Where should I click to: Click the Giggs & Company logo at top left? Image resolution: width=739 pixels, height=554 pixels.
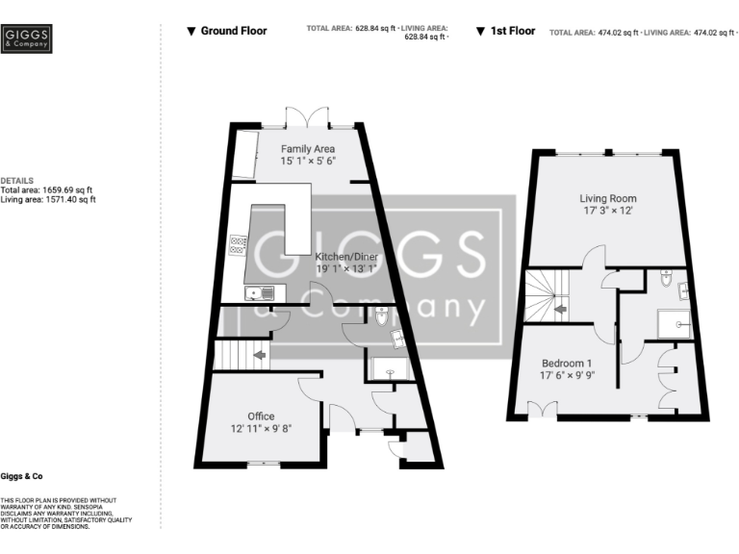coord(28,38)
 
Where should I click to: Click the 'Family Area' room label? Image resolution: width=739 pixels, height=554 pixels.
coord(307,149)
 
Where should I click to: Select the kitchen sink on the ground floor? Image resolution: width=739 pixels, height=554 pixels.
coord(260,292)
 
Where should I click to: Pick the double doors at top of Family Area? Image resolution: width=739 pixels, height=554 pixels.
coord(308,116)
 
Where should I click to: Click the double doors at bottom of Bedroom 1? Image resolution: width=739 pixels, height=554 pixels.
coord(544,410)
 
